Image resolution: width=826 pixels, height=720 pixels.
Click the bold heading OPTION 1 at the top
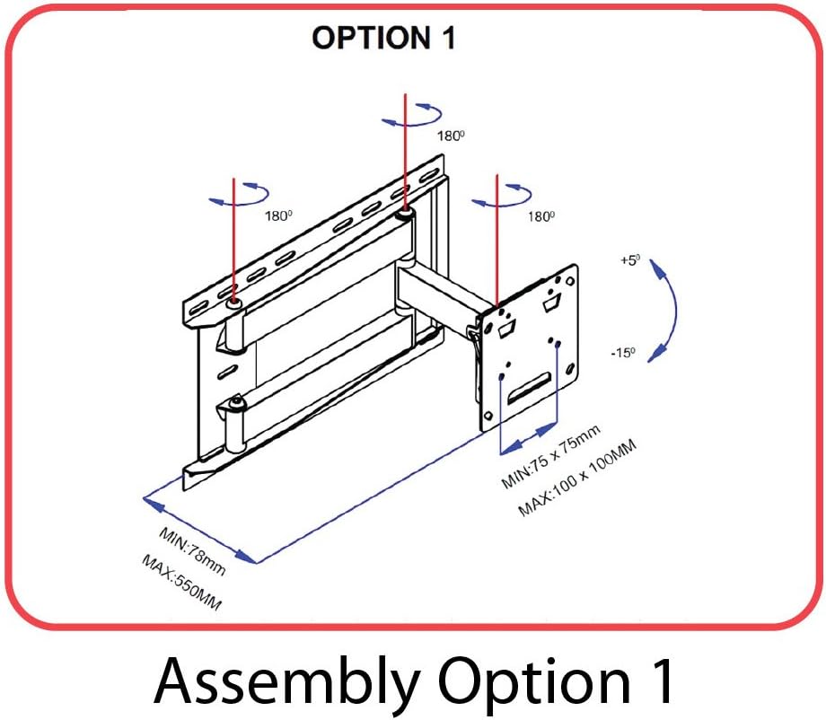(x=383, y=39)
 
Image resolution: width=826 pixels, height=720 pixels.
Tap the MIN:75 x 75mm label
(x=550, y=458)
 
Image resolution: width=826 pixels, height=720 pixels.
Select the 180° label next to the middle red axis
(x=450, y=136)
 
